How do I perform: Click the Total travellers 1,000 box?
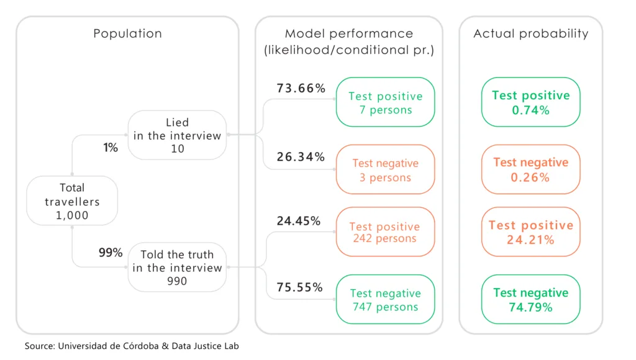72,201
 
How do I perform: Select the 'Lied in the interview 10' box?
177,135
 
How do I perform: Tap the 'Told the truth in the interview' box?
177,268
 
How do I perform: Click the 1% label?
110,147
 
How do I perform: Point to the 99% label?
111,253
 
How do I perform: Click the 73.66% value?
301,89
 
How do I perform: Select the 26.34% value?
301,157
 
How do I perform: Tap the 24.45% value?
299,221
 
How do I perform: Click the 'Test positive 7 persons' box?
385,102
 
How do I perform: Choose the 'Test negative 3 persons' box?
385,170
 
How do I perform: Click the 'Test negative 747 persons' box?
385,299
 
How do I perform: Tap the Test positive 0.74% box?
530,102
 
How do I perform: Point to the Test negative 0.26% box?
530,169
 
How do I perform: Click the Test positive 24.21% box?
530,232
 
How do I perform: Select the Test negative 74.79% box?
530,299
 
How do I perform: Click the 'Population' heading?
127,34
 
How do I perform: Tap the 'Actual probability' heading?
530,34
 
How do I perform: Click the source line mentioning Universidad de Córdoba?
132,346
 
